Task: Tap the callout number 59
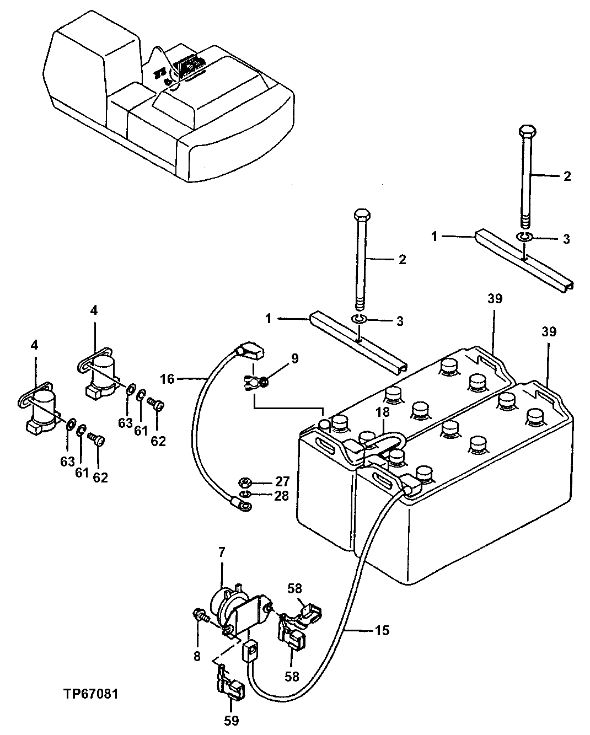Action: pos(232,720)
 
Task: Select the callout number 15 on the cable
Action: pos(382,630)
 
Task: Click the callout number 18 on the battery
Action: pos(383,412)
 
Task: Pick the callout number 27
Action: pos(282,481)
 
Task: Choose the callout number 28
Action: pos(282,496)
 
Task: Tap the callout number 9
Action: pos(294,359)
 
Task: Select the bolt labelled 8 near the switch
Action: pos(200,615)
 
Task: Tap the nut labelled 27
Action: pos(248,482)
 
